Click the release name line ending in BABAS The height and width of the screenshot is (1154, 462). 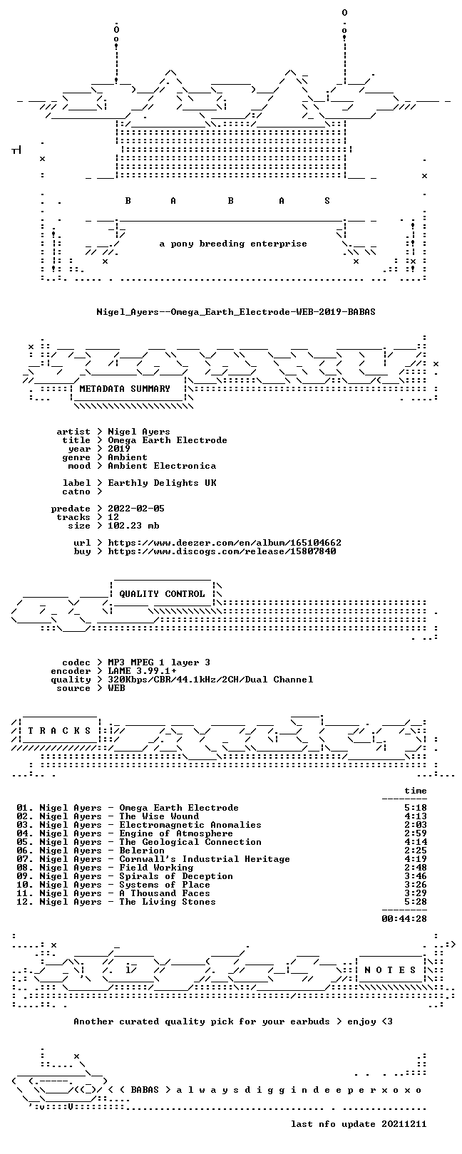(x=236, y=312)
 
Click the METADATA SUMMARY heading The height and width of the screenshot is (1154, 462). (x=125, y=388)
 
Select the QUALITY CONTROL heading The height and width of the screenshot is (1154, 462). (x=162, y=593)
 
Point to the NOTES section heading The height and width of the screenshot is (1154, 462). (x=390, y=970)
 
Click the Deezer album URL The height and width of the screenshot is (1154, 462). (x=225, y=543)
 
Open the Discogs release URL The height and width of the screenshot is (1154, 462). (x=222, y=551)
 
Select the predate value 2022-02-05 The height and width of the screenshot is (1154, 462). (x=136, y=509)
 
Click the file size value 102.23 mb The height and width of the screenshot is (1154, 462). (x=133, y=526)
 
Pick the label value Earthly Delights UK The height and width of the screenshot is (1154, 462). (x=162, y=483)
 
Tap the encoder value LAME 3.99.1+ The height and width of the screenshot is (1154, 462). (x=142, y=671)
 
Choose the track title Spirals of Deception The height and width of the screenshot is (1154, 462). (x=176, y=876)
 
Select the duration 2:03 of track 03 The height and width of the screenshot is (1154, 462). (x=416, y=825)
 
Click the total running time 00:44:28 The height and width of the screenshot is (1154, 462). (x=404, y=918)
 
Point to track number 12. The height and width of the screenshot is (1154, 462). (x=24, y=902)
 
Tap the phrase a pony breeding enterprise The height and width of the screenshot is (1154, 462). (x=233, y=244)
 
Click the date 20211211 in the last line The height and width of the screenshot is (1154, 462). (x=404, y=1123)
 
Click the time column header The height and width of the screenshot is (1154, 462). (x=416, y=791)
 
